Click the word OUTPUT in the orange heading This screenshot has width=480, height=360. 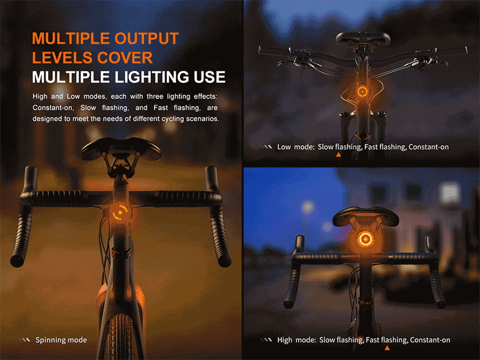[x=146, y=38]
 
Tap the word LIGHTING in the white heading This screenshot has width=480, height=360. [x=152, y=77]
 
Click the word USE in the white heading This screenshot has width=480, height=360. [x=209, y=77]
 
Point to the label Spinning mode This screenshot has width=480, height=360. [x=61, y=340]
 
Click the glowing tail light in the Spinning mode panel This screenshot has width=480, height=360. [x=119, y=212]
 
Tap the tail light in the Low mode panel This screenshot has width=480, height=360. [x=362, y=91]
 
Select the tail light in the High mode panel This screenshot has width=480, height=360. [x=365, y=239]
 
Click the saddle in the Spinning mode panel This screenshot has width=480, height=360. [x=121, y=148]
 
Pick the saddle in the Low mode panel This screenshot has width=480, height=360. [x=363, y=39]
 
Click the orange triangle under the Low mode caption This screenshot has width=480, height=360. [x=338, y=155]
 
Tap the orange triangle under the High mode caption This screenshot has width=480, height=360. [x=387, y=348]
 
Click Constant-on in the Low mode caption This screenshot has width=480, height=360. [x=428, y=147]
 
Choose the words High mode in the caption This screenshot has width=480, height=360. [x=296, y=340]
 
